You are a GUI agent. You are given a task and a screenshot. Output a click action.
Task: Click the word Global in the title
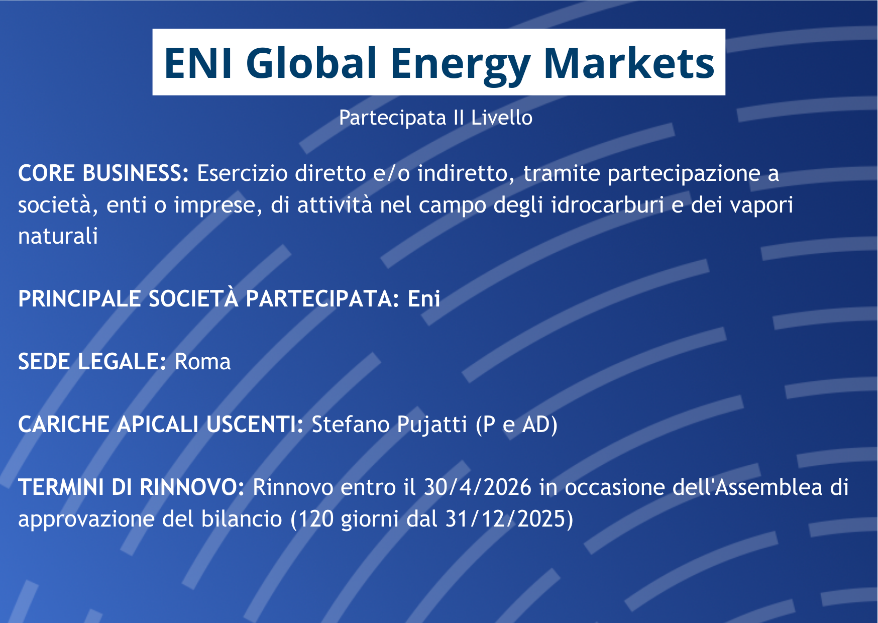point(311,63)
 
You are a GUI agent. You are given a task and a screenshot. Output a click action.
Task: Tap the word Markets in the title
point(629,63)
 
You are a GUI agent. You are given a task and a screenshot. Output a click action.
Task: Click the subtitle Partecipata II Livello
point(435,118)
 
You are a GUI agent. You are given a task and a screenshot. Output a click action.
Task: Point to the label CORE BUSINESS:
point(103,173)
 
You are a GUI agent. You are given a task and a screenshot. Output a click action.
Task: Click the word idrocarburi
point(607,204)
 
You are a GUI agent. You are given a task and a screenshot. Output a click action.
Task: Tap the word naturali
point(58,236)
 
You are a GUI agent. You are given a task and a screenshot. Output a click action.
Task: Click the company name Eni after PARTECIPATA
point(424,299)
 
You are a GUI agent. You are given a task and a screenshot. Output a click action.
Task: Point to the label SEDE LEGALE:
point(92,361)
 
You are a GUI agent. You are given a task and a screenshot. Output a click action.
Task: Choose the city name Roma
point(202,362)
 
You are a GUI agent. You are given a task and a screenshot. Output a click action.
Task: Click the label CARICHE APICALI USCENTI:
point(161,424)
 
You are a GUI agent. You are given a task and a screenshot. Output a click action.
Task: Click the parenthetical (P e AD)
point(516,425)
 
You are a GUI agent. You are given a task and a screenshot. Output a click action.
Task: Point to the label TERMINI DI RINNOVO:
point(131,487)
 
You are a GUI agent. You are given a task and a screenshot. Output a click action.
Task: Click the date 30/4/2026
point(477,487)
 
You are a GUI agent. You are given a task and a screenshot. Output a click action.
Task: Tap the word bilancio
point(242,518)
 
